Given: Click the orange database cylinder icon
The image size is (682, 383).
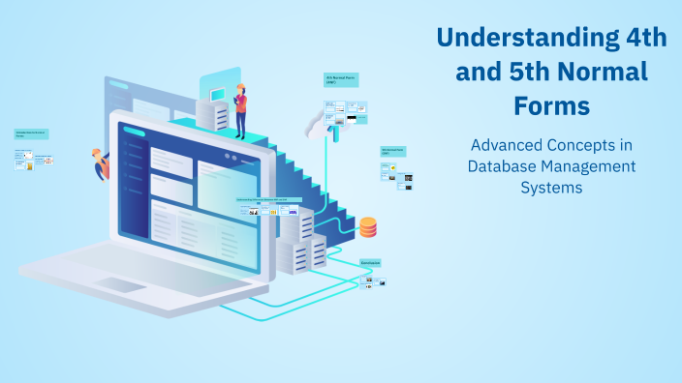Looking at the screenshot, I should (x=368, y=227).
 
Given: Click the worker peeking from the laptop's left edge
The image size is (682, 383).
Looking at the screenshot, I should (x=101, y=163).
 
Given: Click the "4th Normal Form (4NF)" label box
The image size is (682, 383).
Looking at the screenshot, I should (x=341, y=80).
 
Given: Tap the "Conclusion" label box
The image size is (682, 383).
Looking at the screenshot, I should (x=370, y=263).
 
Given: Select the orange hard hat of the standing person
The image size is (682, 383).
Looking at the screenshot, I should (x=240, y=85).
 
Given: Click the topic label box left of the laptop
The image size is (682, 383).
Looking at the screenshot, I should (x=32, y=133).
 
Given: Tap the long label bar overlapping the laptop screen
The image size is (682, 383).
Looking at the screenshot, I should (x=269, y=200).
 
